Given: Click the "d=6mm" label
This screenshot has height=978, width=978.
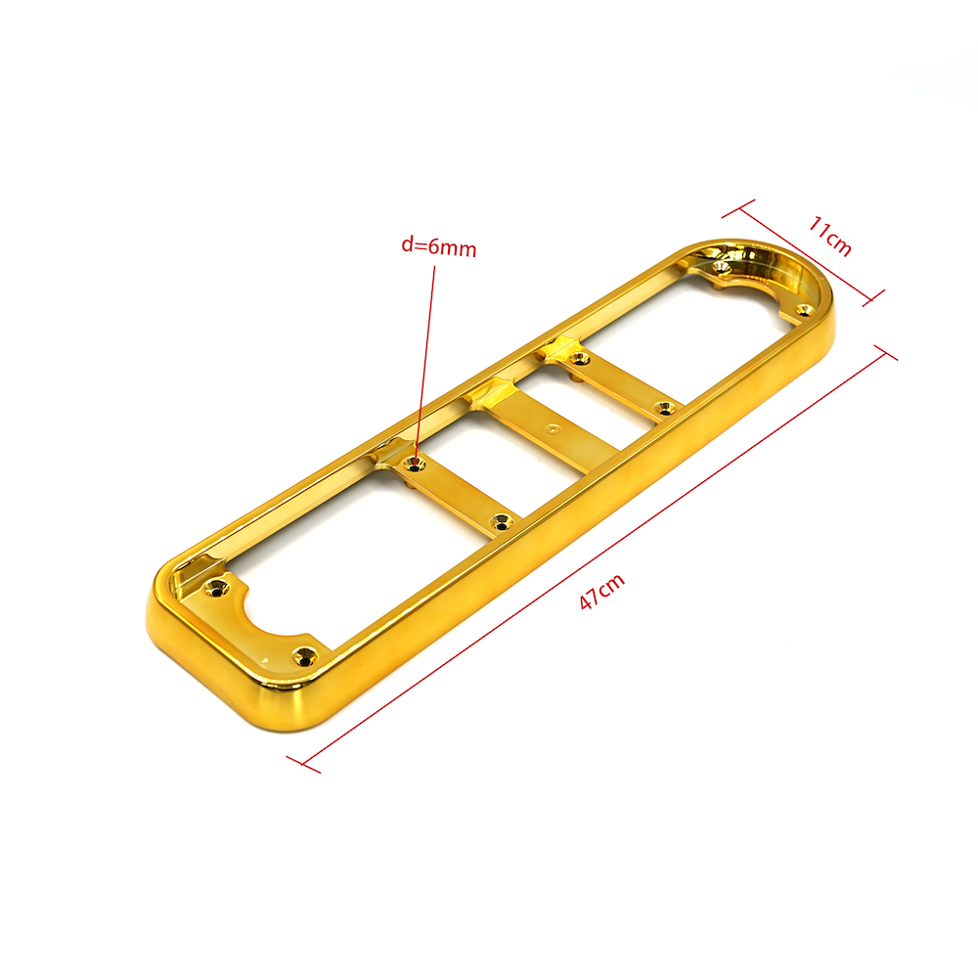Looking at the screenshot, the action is [438, 247].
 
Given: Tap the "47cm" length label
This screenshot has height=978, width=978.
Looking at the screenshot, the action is [601, 591].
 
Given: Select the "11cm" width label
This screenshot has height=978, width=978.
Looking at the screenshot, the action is [829, 235].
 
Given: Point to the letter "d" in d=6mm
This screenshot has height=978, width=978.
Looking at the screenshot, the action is [407, 244].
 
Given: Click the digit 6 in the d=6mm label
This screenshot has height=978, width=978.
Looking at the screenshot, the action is [434, 246].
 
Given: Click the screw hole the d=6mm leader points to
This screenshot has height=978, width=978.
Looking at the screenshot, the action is [414, 465].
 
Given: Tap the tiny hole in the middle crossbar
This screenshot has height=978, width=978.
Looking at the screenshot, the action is [551, 429].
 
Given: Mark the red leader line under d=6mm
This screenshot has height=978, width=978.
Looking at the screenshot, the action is [424, 364].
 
